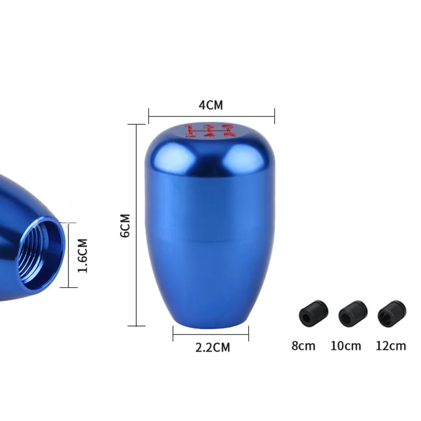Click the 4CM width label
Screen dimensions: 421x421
point(211,105)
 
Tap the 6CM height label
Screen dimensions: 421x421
point(125,226)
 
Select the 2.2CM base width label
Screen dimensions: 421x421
point(213,347)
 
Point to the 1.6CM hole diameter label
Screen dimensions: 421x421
point(83,256)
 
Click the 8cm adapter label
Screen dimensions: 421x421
point(304,346)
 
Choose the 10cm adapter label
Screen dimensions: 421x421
point(346,346)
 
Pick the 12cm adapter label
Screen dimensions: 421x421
point(390,346)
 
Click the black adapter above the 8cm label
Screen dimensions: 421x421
point(313,313)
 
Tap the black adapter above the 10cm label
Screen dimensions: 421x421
point(353,313)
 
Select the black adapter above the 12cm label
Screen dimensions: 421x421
point(392,313)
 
